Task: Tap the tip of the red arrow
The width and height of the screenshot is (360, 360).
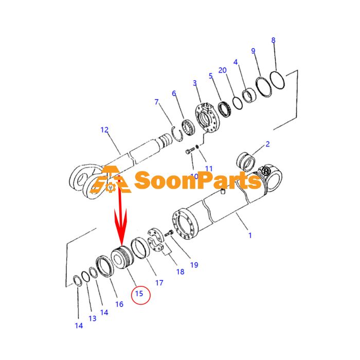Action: pos(121,245)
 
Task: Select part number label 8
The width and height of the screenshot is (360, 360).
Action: pos(273,40)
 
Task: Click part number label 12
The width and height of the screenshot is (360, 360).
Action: pos(104,130)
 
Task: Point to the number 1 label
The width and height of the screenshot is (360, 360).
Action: pos(250,236)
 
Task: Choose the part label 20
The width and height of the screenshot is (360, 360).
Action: pos(222,70)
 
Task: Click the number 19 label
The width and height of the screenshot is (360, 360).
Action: pos(194,265)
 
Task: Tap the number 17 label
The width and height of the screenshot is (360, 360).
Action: pos(159,283)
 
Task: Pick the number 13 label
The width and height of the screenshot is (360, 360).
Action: pos(93,318)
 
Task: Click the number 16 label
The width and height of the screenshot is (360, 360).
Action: pos(119,304)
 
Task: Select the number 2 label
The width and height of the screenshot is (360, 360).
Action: pos(267,144)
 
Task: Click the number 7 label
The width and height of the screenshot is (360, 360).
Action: pos(156,102)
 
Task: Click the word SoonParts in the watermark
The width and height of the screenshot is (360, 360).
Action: pos(197,181)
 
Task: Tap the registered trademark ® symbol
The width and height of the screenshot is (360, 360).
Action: pos(266,171)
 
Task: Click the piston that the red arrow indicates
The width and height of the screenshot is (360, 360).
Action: pos(122,257)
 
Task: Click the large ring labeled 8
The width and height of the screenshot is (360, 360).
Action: pos(277,80)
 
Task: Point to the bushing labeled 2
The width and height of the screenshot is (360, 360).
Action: pos(246,161)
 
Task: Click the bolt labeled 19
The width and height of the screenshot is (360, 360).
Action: pos(169,233)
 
